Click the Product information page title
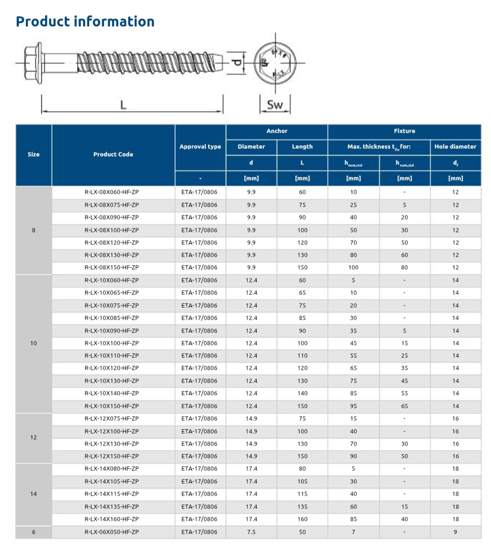pos(85,22)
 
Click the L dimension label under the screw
pos(123,105)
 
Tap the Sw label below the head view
pos(275,105)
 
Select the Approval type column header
pos(200,147)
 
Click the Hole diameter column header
pos(455,147)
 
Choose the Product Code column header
pos(113,154)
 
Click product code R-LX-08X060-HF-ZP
pos(112,192)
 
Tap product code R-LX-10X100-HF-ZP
pos(112,343)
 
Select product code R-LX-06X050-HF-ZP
pos(112,532)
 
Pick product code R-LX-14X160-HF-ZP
pos(112,519)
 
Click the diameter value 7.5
pos(251,532)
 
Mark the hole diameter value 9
pos(455,532)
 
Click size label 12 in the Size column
pos(34,437)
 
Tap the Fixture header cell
pos(404,131)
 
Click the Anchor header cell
pos(277,131)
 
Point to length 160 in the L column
pos(302,519)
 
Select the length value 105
pos(302,481)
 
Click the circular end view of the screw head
pos(275,62)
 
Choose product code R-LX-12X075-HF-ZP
pos(112,418)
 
